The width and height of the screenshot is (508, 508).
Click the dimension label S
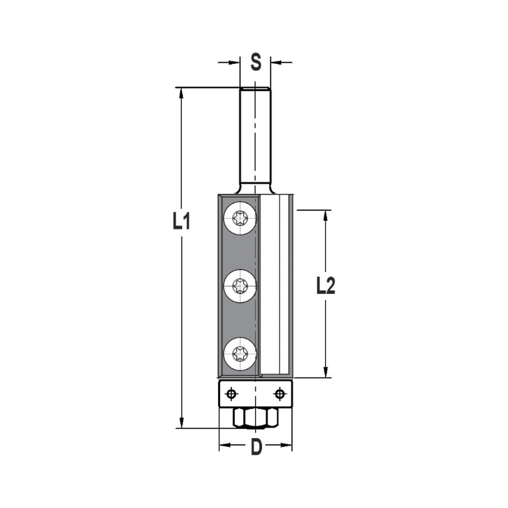(256, 62)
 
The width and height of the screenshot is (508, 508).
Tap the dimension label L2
(325, 287)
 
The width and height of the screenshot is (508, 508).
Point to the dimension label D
(257, 447)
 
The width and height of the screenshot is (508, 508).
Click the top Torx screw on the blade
(239, 219)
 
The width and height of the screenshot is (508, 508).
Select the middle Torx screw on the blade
(239, 288)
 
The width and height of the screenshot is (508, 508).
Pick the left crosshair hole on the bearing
(232, 393)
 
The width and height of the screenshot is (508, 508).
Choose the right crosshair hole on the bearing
(279, 393)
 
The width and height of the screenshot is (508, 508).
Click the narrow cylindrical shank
(255, 137)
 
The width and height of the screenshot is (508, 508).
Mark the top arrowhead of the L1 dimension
(181, 92)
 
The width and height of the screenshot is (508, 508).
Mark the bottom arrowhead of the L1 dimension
(181, 423)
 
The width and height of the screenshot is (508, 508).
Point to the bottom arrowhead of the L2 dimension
(326, 373)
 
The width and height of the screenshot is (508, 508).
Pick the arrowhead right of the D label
(288, 447)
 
